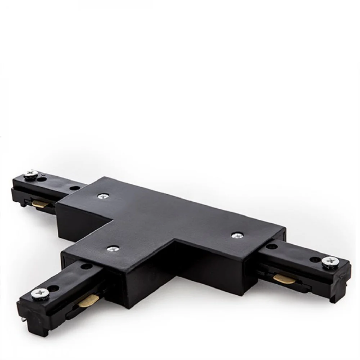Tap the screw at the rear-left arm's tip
(x=30, y=174)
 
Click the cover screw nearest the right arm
(x=236, y=235)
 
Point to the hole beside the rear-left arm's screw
(x=43, y=179)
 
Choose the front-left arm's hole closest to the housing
(x=85, y=266)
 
